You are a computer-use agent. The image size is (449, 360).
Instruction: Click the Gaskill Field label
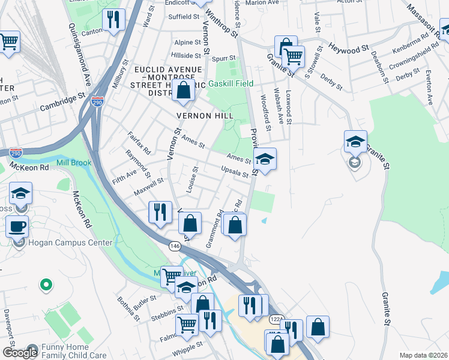pyautogui.click(x=231, y=83)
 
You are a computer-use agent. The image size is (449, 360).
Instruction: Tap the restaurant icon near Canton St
pyautogui.click(x=113, y=20)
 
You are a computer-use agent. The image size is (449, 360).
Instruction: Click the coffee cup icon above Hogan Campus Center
pyautogui.click(x=17, y=226)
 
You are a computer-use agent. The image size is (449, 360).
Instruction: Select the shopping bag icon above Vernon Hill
pyautogui.click(x=184, y=91)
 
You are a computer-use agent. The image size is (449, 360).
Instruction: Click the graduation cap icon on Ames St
pyautogui.click(x=265, y=159)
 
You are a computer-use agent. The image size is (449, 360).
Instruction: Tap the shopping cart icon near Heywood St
pyautogui.click(x=294, y=56)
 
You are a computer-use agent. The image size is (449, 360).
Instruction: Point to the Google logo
pyautogui.click(x=20, y=353)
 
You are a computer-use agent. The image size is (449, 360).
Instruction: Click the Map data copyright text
pyautogui.click(x=423, y=355)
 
